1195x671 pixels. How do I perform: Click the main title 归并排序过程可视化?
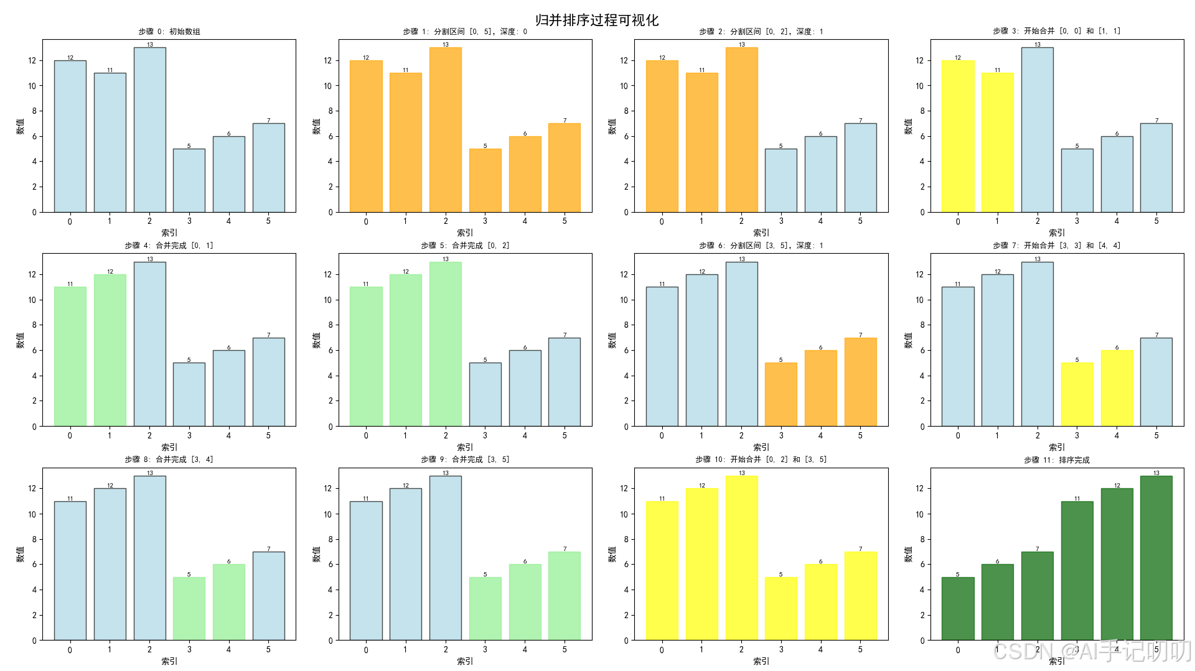596,20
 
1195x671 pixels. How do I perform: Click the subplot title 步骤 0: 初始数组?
169,31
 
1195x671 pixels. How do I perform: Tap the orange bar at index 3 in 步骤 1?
485,180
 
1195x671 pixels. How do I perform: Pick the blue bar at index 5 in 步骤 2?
860,168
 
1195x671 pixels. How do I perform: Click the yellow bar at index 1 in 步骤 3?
997,142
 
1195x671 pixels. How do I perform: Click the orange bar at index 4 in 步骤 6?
820,388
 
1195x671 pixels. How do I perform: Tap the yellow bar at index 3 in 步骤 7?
1077,394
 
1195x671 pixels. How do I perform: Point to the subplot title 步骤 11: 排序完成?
1056,460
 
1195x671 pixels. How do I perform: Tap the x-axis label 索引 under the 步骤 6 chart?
761,447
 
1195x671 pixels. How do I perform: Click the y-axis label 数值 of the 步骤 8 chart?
20,554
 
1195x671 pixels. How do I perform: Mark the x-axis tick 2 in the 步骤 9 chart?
445,649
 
